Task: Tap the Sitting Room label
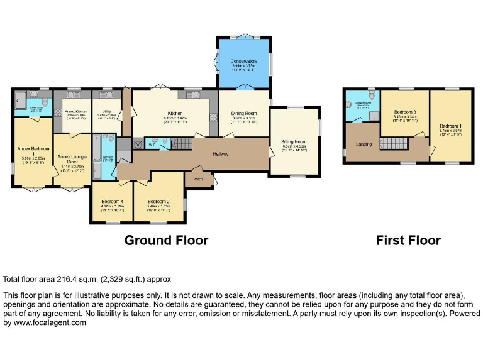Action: (x=294, y=142)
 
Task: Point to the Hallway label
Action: (x=220, y=154)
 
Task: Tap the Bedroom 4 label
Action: (x=113, y=202)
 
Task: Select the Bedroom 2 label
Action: (x=159, y=202)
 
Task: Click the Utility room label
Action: (x=104, y=112)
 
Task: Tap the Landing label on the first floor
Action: (x=364, y=145)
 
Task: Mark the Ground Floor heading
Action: (x=166, y=240)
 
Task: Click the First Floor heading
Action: (x=408, y=240)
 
